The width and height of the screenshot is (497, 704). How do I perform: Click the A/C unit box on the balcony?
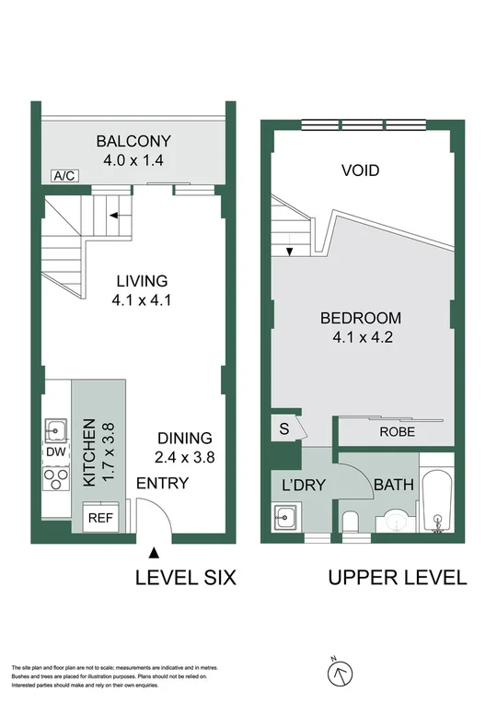64,175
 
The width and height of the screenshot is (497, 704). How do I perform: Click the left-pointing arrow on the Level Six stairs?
115,217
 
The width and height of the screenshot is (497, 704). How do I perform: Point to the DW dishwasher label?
54,452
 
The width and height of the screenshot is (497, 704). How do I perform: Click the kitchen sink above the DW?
55,428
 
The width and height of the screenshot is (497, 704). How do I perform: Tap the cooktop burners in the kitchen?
55,478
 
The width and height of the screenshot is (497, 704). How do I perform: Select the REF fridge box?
99,518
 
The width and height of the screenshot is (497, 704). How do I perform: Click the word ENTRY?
162,483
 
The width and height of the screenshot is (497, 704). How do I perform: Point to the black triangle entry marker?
154,553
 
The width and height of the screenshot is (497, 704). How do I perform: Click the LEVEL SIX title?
186,579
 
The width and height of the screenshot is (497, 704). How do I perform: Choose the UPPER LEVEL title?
398,579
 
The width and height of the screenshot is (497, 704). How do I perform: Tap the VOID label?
361,170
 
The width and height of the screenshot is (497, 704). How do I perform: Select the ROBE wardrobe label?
396,430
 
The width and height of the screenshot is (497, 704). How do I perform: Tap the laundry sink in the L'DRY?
285,518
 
